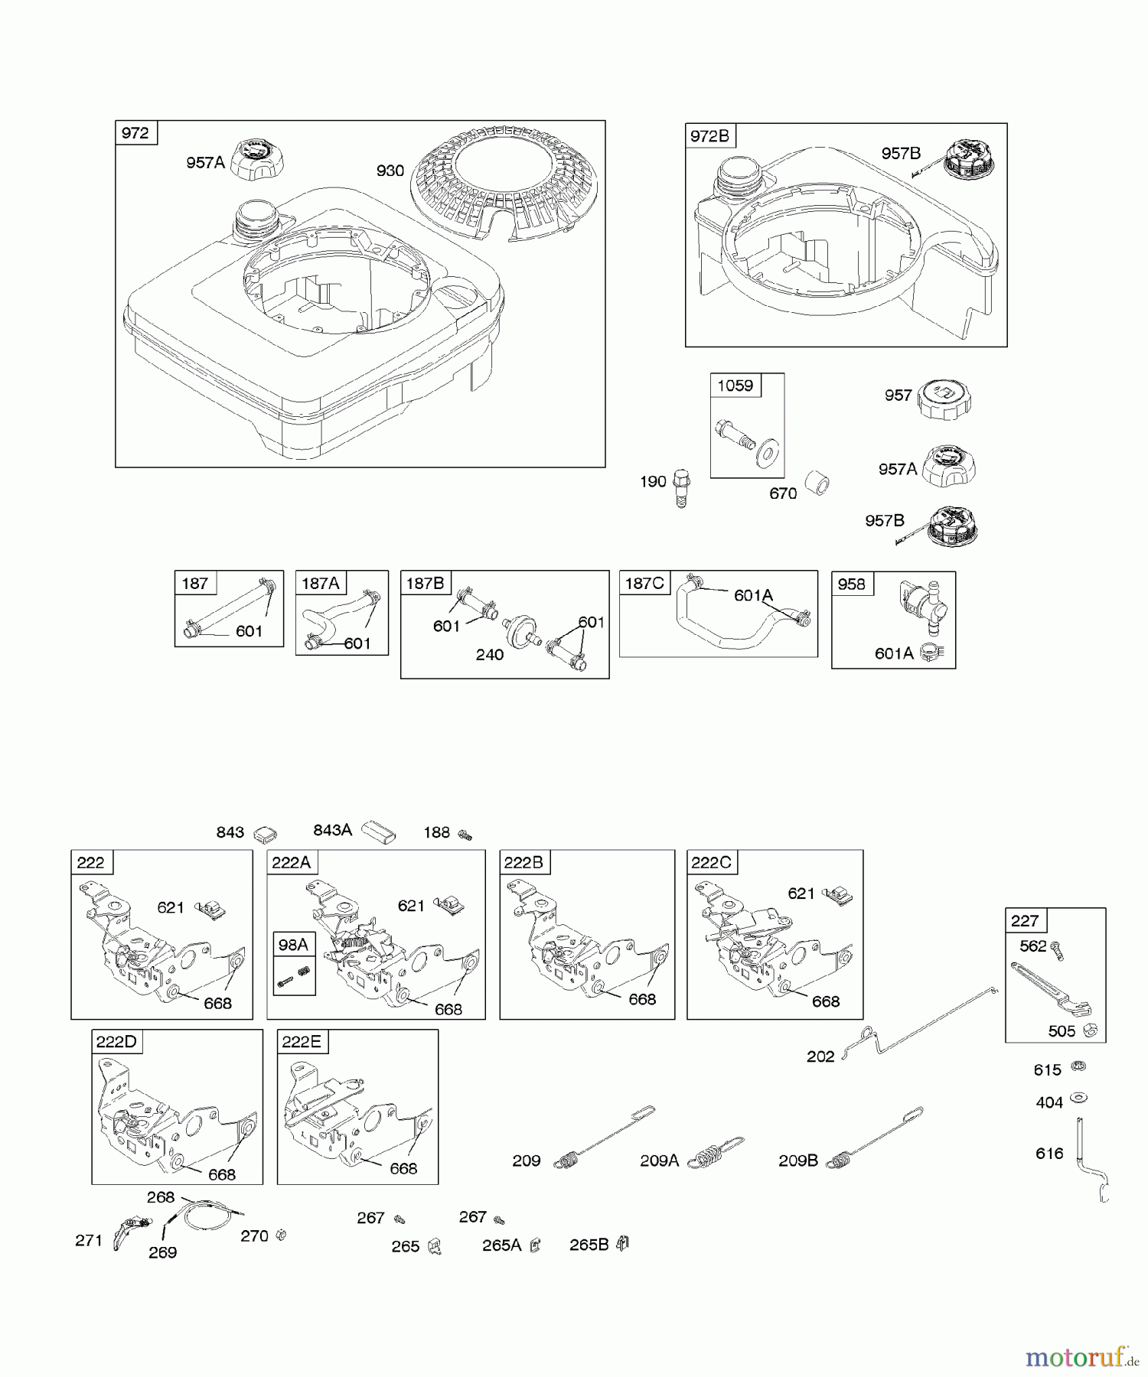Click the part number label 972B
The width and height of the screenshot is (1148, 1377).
pyautogui.click(x=709, y=136)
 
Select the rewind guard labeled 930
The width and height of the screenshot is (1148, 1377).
pyautogui.click(x=494, y=189)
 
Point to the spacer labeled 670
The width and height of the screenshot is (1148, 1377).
pyautogui.click(x=817, y=485)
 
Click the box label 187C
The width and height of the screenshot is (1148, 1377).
pyautogui.click(x=644, y=583)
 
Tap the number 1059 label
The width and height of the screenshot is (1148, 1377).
pyautogui.click(x=735, y=385)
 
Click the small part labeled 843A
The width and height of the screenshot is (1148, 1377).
pyautogui.click(x=379, y=831)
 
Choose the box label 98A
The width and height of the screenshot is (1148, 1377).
pyautogui.click(x=293, y=945)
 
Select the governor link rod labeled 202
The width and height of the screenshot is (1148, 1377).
pyautogui.click(x=919, y=1025)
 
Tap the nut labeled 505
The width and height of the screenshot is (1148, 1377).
pyautogui.click(x=1091, y=1030)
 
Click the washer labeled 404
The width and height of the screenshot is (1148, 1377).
pyautogui.click(x=1079, y=1098)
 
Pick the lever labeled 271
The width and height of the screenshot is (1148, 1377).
pyautogui.click(x=127, y=1231)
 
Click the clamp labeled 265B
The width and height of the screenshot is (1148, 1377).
pyautogui.click(x=622, y=1244)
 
